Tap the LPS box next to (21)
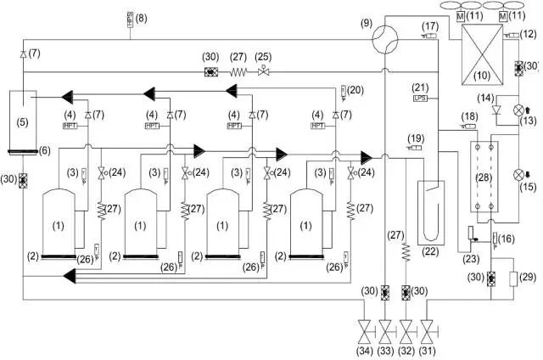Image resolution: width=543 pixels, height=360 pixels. tap(420, 98)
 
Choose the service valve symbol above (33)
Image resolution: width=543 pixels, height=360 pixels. tap(387, 328)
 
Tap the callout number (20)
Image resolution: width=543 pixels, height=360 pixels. tap(355, 89)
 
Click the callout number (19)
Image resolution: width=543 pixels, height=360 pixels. tap(415, 138)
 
